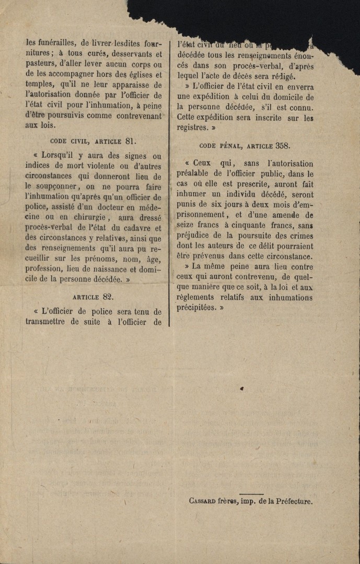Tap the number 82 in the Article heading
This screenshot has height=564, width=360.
108,297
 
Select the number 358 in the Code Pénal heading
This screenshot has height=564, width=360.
283,146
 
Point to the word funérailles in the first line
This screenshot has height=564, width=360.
56,43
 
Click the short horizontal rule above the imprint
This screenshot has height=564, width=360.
251,494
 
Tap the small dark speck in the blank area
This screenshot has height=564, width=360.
241,389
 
